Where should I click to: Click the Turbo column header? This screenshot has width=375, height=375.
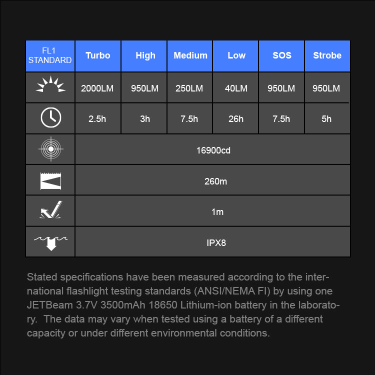(x=97, y=55)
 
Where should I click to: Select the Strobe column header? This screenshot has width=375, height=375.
(x=327, y=55)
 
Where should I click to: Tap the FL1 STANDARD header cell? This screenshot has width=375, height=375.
(x=50, y=56)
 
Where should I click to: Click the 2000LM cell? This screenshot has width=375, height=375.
(x=97, y=88)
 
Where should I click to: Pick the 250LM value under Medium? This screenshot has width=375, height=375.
(x=189, y=88)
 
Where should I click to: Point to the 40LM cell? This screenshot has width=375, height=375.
(x=236, y=88)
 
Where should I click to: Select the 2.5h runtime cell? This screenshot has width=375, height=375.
(x=97, y=119)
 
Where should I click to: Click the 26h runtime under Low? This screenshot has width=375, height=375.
(x=236, y=119)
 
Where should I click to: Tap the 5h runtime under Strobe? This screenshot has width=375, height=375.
(x=326, y=119)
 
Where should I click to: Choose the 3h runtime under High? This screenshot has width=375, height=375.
(x=145, y=119)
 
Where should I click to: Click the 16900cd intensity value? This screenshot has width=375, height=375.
(x=213, y=150)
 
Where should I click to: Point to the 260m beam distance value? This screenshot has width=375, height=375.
(x=215, y=181)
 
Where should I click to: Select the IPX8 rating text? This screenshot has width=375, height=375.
(x=216, y=243)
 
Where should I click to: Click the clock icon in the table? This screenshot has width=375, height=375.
(x=50, y=118)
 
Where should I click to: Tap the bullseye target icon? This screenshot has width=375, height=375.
(x=50, y=149)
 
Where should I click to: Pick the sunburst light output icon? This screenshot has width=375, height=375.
(x=50, y=85)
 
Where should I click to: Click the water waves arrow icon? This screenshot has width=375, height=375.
(x=50, y=242)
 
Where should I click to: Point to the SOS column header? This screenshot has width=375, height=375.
(x=281, y=55)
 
